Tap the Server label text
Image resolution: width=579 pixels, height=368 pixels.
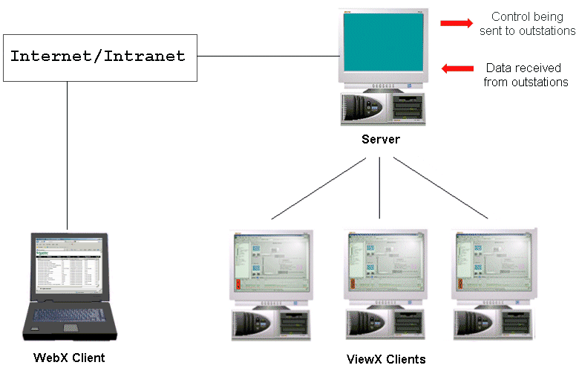click(x=381, y=139)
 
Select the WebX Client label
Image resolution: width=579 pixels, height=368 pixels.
click(x=69, y=358)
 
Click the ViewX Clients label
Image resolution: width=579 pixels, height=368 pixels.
click(x=386, y=359)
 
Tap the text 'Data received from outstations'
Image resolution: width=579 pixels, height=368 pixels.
click(x=526, y=75)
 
